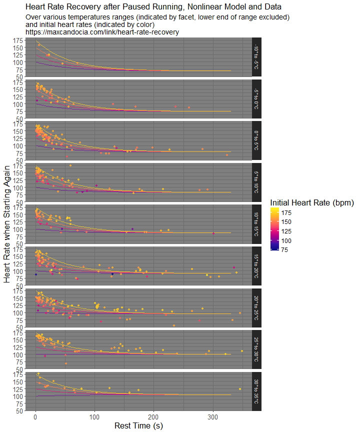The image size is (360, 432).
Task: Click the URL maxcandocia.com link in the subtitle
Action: pos(102,32)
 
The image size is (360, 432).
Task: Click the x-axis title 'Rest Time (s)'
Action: pos(138,426)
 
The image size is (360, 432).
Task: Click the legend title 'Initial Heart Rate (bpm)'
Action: pos(312,202)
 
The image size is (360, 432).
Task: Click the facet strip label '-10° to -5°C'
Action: pos(256,57)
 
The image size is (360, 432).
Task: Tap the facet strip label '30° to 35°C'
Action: pos(256,390)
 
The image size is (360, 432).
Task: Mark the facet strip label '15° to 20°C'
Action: pos(256,265)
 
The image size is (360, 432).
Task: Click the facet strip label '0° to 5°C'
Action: pos(256,140)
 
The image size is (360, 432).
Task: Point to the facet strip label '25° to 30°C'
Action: pos(256,348)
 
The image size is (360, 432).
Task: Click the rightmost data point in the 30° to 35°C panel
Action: pos(240,389)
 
